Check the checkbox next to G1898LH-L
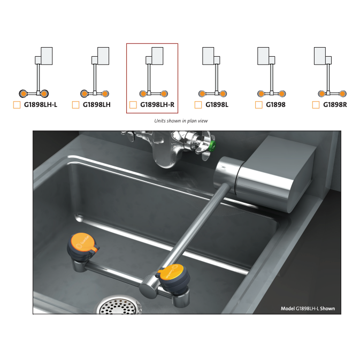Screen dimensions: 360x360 (17, 105)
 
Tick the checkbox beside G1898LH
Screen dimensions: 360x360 (75, 105)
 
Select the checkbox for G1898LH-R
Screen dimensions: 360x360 (133, 105)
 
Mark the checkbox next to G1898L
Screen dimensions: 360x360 (198, 105)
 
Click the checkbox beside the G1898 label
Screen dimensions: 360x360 (258, 105)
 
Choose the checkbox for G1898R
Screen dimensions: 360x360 (316, 105)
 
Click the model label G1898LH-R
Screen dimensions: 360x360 (157, 105)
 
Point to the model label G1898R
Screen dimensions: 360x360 (335, 105)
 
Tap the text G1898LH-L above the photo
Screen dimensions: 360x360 (41, 105)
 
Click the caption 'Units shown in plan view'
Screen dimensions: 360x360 (181, 121)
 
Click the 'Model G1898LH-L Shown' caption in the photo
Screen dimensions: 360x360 (308, 308)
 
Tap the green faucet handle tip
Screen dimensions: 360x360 (213, 146)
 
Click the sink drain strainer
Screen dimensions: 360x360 (118, 305)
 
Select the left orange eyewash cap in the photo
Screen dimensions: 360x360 (83, 242)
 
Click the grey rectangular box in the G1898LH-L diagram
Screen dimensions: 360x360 (47, 56)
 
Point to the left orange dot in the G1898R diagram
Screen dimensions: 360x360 (321, 94)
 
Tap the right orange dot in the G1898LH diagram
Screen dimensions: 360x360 (105, 94)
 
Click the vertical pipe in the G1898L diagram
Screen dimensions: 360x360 (216, 78)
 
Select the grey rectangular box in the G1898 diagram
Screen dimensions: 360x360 (263, 56)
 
